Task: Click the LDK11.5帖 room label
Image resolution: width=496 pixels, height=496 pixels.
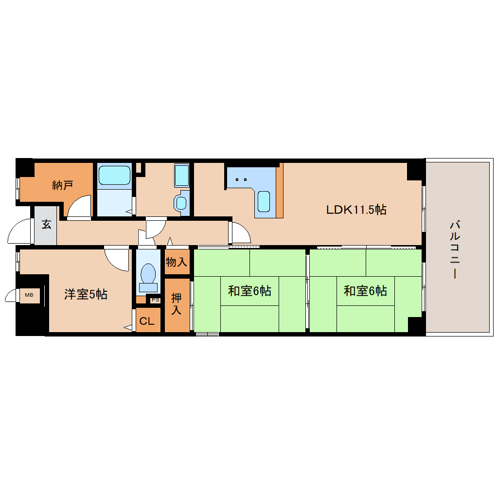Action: (x=356, y=210)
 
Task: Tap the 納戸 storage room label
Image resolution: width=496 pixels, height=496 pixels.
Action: (x=63, y=185)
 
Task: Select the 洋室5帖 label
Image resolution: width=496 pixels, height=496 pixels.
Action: (x=86, y=294)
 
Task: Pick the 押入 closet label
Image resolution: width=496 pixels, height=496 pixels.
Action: (x=177, y=303)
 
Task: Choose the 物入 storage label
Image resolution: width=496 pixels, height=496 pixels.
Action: (x=177, y=263)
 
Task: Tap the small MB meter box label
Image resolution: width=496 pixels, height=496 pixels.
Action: (x=29, y=295)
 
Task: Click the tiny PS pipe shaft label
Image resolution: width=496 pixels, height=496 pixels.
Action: (x=155, y=300)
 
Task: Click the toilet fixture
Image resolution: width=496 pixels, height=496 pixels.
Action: (x=148, y=275)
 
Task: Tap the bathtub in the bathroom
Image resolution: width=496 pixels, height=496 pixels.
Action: (x=114, y=176)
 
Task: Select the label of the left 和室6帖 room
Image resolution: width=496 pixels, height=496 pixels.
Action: (x=249, y=291)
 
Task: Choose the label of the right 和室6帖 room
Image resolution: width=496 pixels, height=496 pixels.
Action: (x=365, y=291)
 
